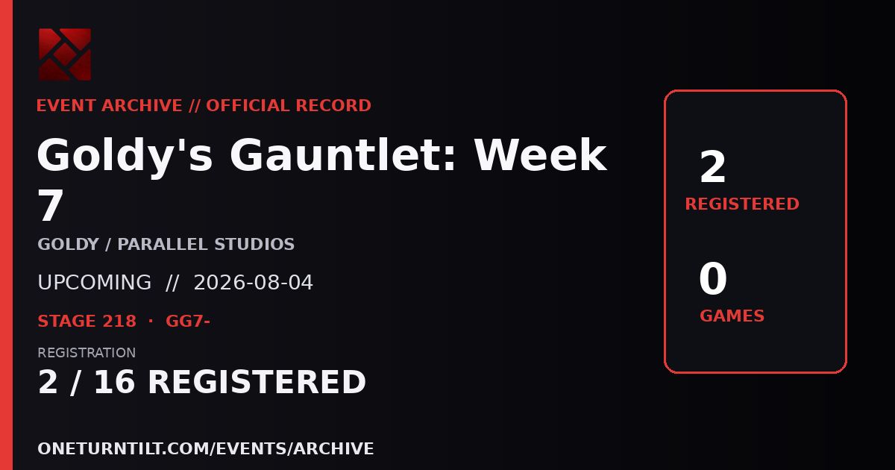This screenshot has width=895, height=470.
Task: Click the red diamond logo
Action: click(65, 54)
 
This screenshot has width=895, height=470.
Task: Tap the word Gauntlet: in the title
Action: click(343, 154)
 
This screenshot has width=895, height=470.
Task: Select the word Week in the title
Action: click(541, 154)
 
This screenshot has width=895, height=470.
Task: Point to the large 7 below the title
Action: click(51, 206)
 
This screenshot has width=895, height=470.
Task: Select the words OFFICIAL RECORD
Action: click(289, 105)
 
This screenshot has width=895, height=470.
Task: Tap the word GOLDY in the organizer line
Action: click(69, 244)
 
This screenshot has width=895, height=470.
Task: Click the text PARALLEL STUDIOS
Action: click(206, 244)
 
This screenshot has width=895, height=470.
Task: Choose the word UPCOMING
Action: click(94, 282)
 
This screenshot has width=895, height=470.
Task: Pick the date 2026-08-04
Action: click(254, 282)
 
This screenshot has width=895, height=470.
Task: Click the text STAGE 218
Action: click(87, 321)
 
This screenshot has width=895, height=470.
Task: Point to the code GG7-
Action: click(188, 321)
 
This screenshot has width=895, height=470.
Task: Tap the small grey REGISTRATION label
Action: click(87, 352)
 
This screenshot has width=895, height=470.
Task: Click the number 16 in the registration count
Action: click(114, 382)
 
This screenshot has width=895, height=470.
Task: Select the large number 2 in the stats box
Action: click(712, 166)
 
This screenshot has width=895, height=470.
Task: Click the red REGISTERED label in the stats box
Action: click(742, 204)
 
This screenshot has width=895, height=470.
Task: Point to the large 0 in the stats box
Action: click(713, 278)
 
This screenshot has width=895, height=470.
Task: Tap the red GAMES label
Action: click(732, 316)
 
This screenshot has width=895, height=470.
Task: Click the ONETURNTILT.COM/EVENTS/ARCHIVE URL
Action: click(206, 448)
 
